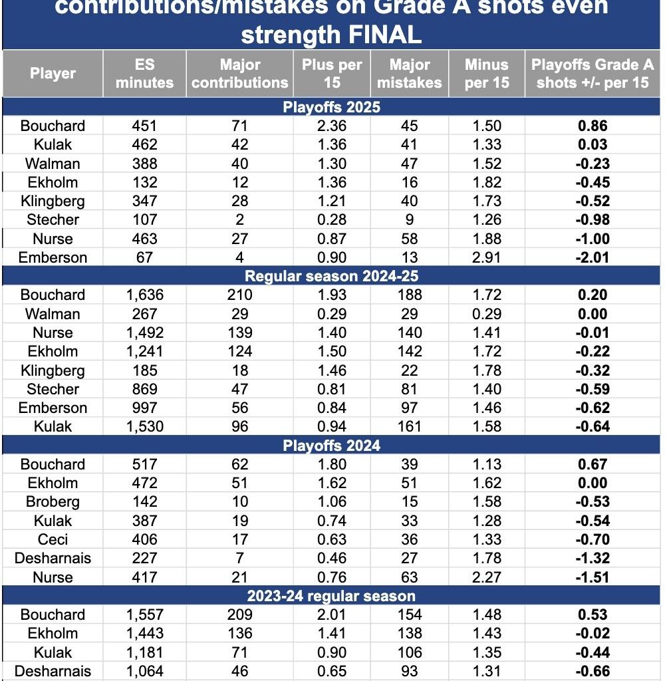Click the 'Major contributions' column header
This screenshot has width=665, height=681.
239,74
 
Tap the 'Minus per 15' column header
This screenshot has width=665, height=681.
487,74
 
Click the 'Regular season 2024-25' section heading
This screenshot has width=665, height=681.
332,277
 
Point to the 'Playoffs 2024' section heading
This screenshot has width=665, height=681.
332,446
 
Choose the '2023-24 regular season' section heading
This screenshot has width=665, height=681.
332,596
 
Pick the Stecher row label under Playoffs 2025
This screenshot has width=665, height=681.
53,220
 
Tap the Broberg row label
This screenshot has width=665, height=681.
53,502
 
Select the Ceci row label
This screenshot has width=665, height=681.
53,540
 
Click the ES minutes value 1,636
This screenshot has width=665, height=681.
144,295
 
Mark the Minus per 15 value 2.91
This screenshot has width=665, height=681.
487,258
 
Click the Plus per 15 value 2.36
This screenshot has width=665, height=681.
331,126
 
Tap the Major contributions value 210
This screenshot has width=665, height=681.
239,295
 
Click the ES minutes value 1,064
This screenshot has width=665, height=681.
144,671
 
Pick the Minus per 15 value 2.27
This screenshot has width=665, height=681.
487,577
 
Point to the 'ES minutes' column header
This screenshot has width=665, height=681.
144,74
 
